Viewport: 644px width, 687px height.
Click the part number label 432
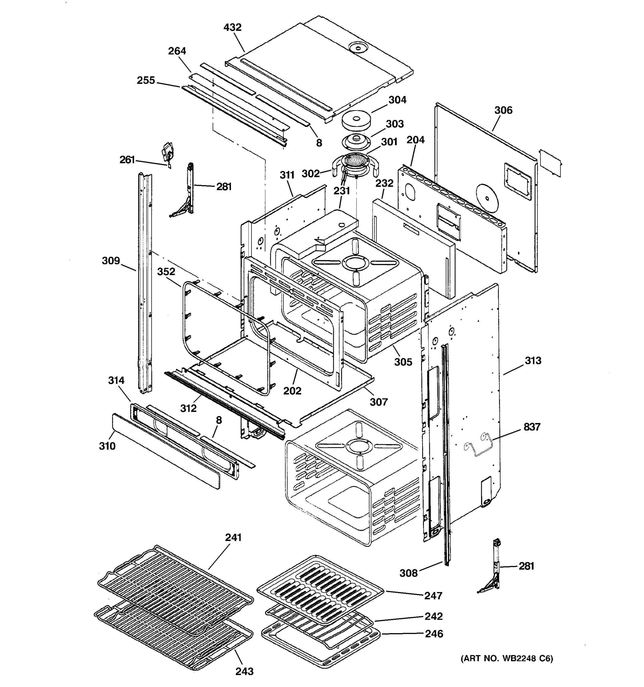(232, 27)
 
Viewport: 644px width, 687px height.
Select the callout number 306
(503, 110)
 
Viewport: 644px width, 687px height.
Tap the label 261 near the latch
(127, 160)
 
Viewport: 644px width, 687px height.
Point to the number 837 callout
(532, 427)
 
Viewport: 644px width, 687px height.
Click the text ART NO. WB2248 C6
(507, 659)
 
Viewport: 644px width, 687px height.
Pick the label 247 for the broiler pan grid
(433, 595)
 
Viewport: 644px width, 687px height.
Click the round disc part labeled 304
(357, 120)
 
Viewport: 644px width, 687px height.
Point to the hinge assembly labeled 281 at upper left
(185, 194)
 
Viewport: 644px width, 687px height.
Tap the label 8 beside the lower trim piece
(219, 420)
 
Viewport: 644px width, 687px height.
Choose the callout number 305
(403, 362)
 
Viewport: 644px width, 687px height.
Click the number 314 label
(116, 380)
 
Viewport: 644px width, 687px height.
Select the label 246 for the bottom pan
(434, 633)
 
